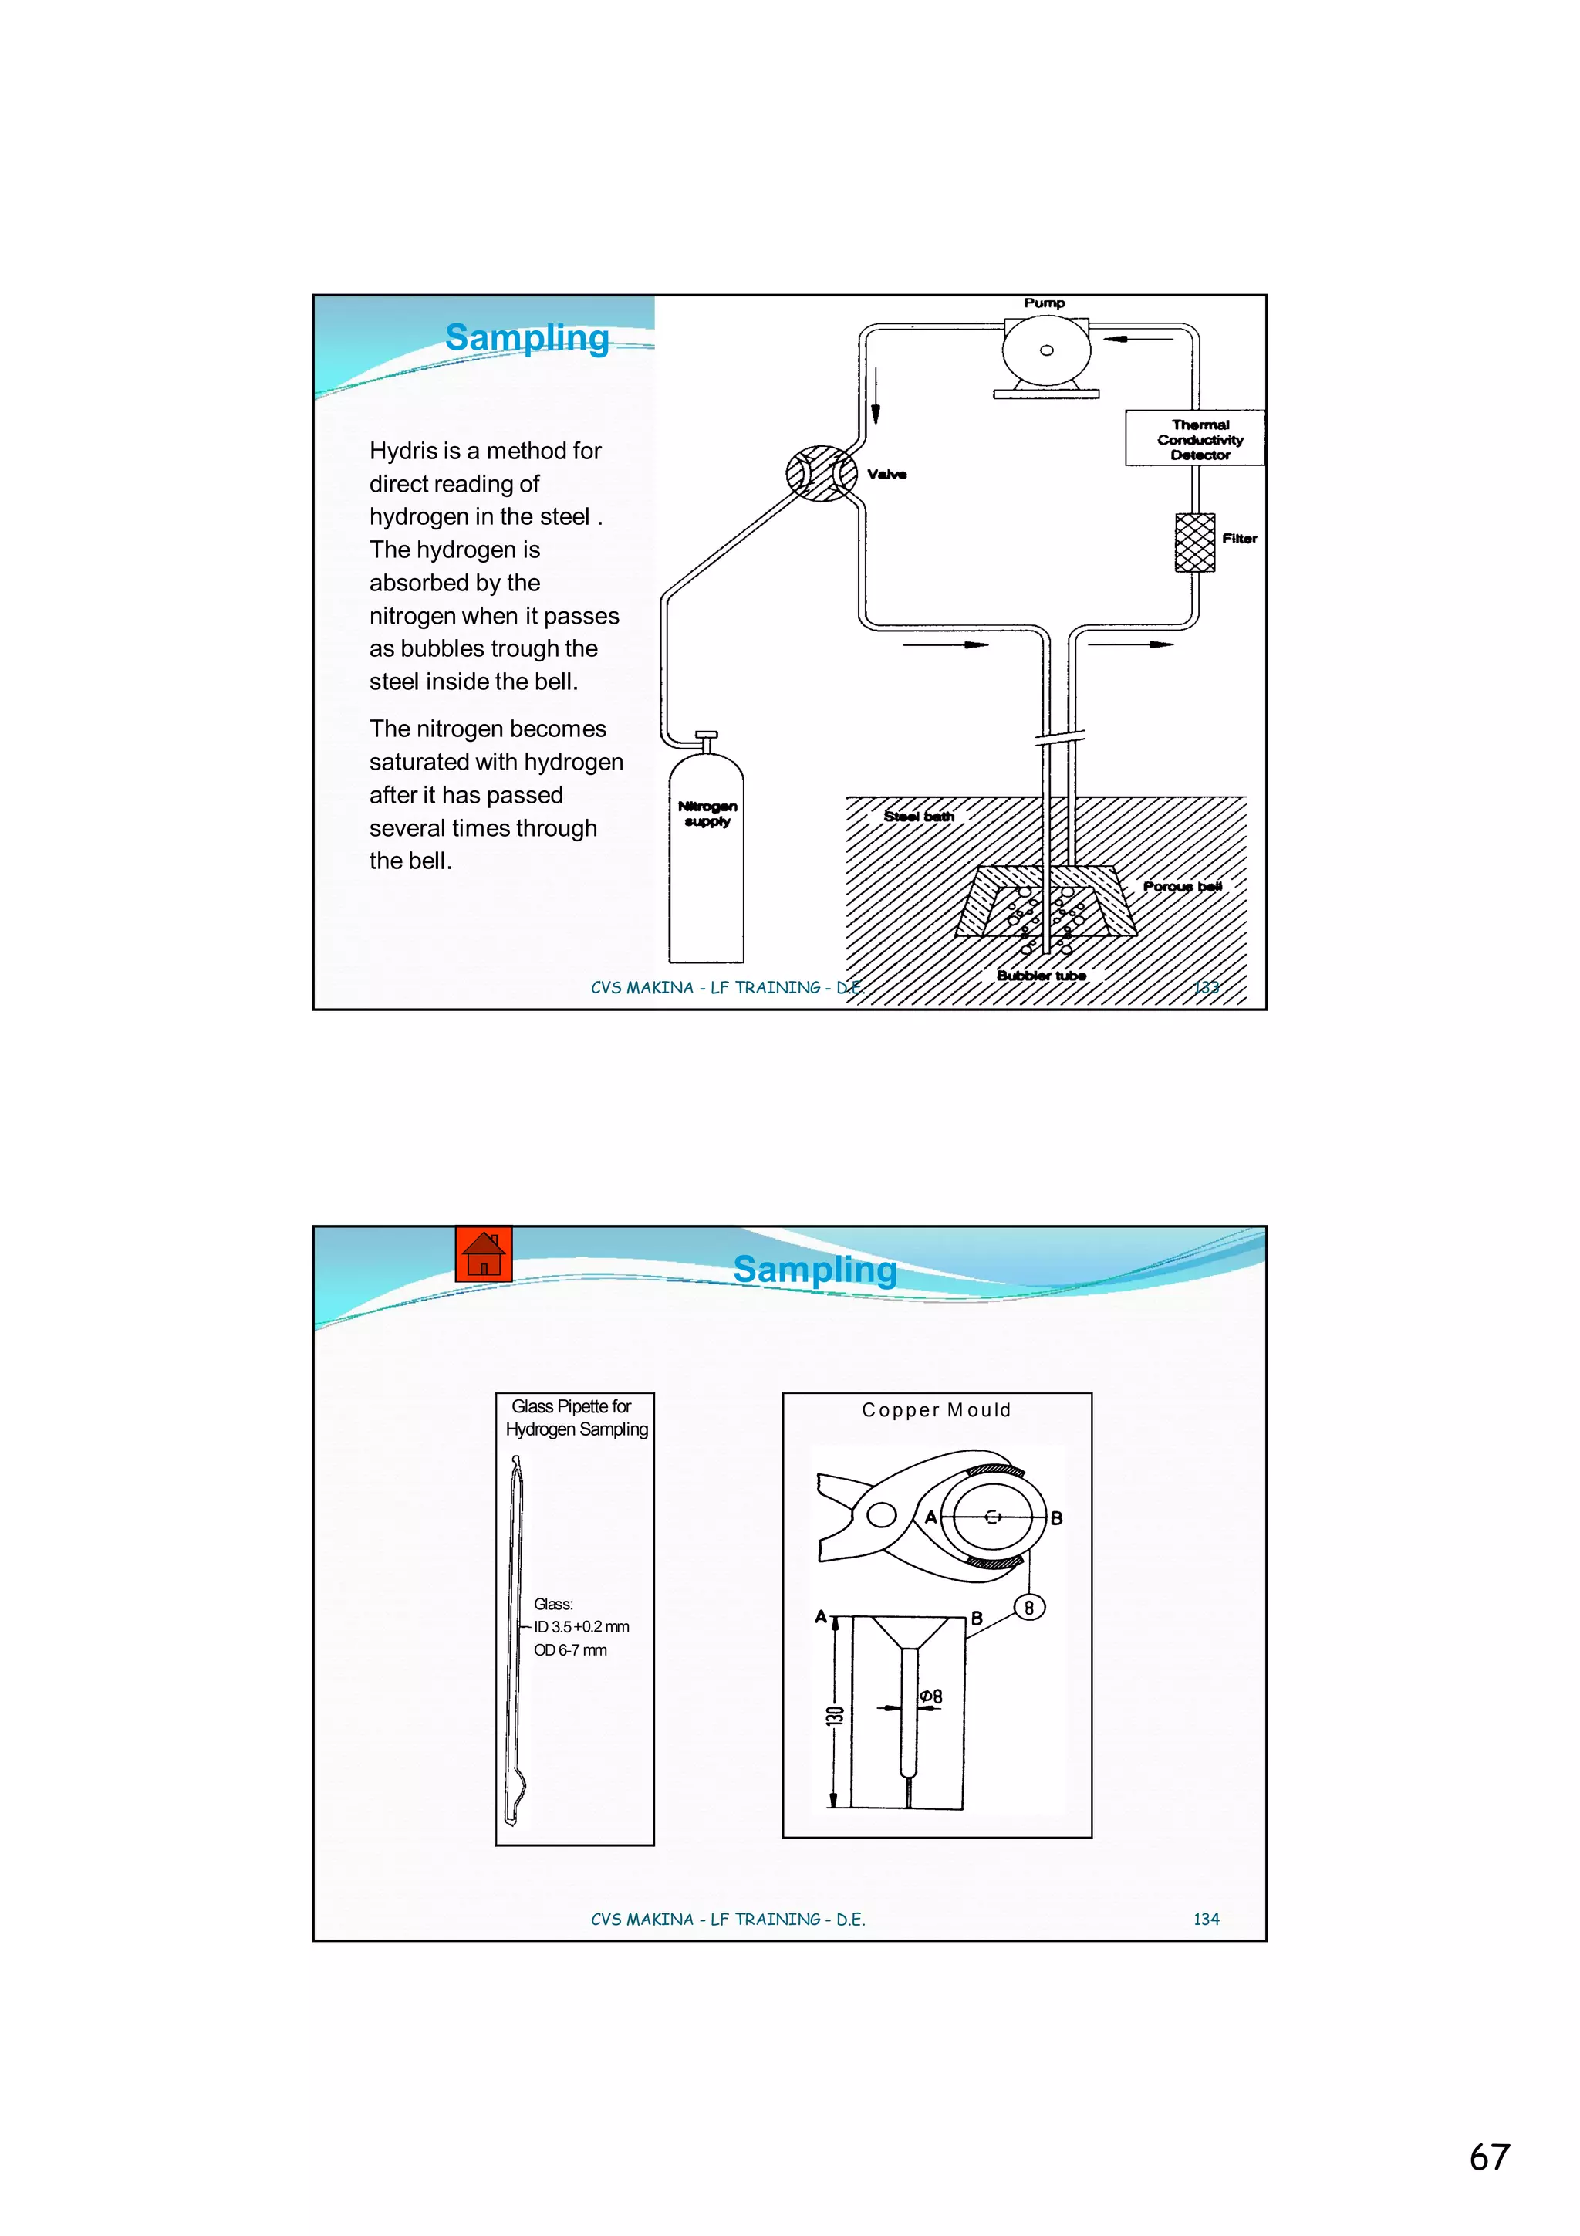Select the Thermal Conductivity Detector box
pyautogui.click(x=1196, y=439)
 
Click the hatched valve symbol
pyautogui.click(x=822, y=473)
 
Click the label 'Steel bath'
pyautogui.click(x=918, y=816)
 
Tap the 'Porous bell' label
pyautogui.click(x=1182, y=886)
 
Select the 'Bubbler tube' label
pyautogui.click(x=1041, y=975)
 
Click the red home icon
pyautogui.click(x=483, y=1254)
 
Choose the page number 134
pyautogui.click(x=1205, y=1919)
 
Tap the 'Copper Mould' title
pyautogui.click(x=936, y=1410)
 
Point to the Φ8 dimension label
pyautogui.click(x=930, y=1696)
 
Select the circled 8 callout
pyautogui.click(x=1029, y=1608)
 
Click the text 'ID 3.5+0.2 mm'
pyautogui.click(x=581, y=1626)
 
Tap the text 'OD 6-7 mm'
pyautogui.click(x=569, y=1649)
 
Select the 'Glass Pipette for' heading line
pyautogui.click(x=572, y=1406)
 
